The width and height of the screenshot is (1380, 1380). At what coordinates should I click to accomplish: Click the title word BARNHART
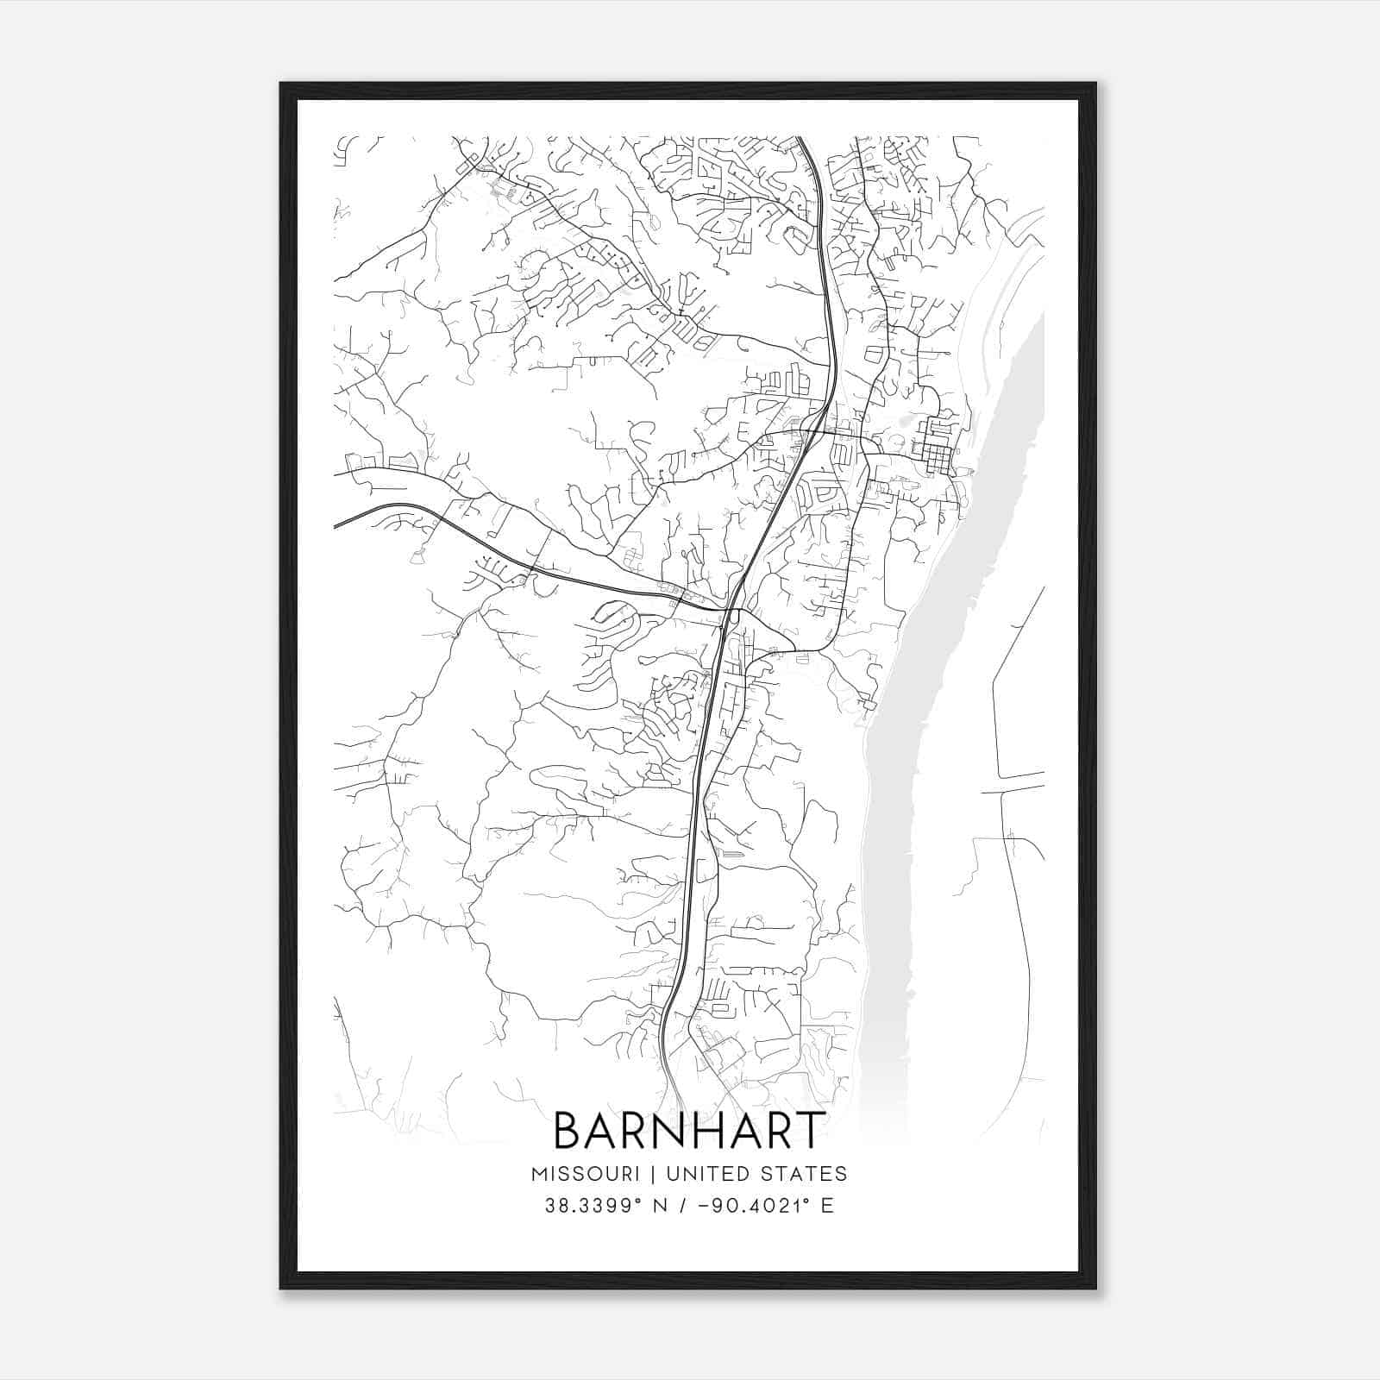click(687, 1131)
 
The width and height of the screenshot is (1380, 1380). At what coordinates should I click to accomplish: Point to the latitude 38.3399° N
click(603, 1206)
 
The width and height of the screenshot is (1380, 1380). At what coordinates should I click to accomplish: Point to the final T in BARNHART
click(809, 1131)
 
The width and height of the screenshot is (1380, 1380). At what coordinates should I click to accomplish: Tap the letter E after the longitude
click(827, 1206)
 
